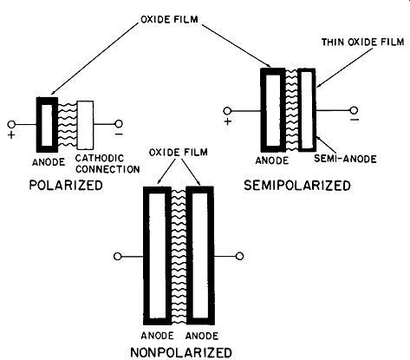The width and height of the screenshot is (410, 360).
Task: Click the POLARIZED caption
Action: [x=66, y=185]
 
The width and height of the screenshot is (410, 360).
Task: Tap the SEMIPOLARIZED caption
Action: [x=297, y=186]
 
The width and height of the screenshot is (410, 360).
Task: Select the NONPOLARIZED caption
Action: [x=181, y=352]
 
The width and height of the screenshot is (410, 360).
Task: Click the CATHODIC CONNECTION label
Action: [x=107, y=164]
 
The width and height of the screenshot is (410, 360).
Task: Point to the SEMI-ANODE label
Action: [x=345, y=159]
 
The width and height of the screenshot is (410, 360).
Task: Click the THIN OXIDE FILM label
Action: [x=363, y=42]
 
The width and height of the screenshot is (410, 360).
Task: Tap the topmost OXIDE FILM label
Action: [x=169, y=19]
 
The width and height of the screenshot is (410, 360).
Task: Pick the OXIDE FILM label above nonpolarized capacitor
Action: [x=179, y=152]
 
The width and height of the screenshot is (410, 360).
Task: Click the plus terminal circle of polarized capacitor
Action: [x=11, y=124]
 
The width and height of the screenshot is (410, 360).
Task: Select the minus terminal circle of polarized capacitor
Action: [x=119, y=124]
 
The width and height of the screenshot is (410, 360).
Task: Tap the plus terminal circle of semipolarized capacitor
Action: [x=227, y=111]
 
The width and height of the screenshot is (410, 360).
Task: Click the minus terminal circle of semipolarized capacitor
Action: [x=354, y=110]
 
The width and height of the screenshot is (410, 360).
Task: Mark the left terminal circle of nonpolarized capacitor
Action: [x=117, y=256]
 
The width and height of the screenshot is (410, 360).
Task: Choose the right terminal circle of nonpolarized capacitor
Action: [x=240, y=256]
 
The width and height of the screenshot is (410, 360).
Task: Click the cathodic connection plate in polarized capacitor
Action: [x=85, y=125]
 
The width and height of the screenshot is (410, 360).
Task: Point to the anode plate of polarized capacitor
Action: [x=39, y=125]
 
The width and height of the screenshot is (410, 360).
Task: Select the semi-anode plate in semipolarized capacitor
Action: [x=300, y=110]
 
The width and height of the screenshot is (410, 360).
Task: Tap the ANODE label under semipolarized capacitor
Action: [x=272, y=160]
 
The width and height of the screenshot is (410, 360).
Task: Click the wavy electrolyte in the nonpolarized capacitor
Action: [x=179, y=257]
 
